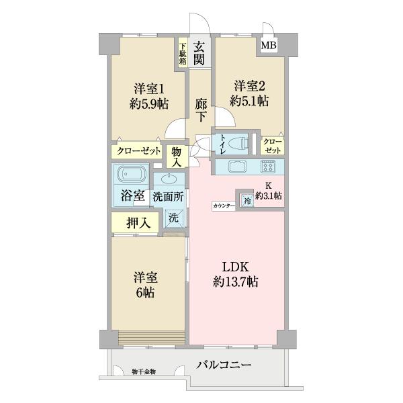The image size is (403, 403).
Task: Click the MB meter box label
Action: (x=269, y=46)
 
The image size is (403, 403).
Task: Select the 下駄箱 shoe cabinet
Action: (x=183, y=54)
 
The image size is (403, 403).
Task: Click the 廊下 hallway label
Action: (x=201, y=109)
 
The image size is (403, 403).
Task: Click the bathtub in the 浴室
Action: (x=130, y=177)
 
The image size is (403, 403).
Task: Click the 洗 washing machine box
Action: (x=173, y=218)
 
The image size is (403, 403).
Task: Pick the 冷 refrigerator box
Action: (x=247, y=200)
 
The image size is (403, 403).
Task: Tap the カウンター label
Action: (x=223, y=206)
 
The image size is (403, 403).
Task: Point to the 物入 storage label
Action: (x=177, y=157)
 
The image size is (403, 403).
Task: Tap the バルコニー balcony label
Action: (x=224, y=365)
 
